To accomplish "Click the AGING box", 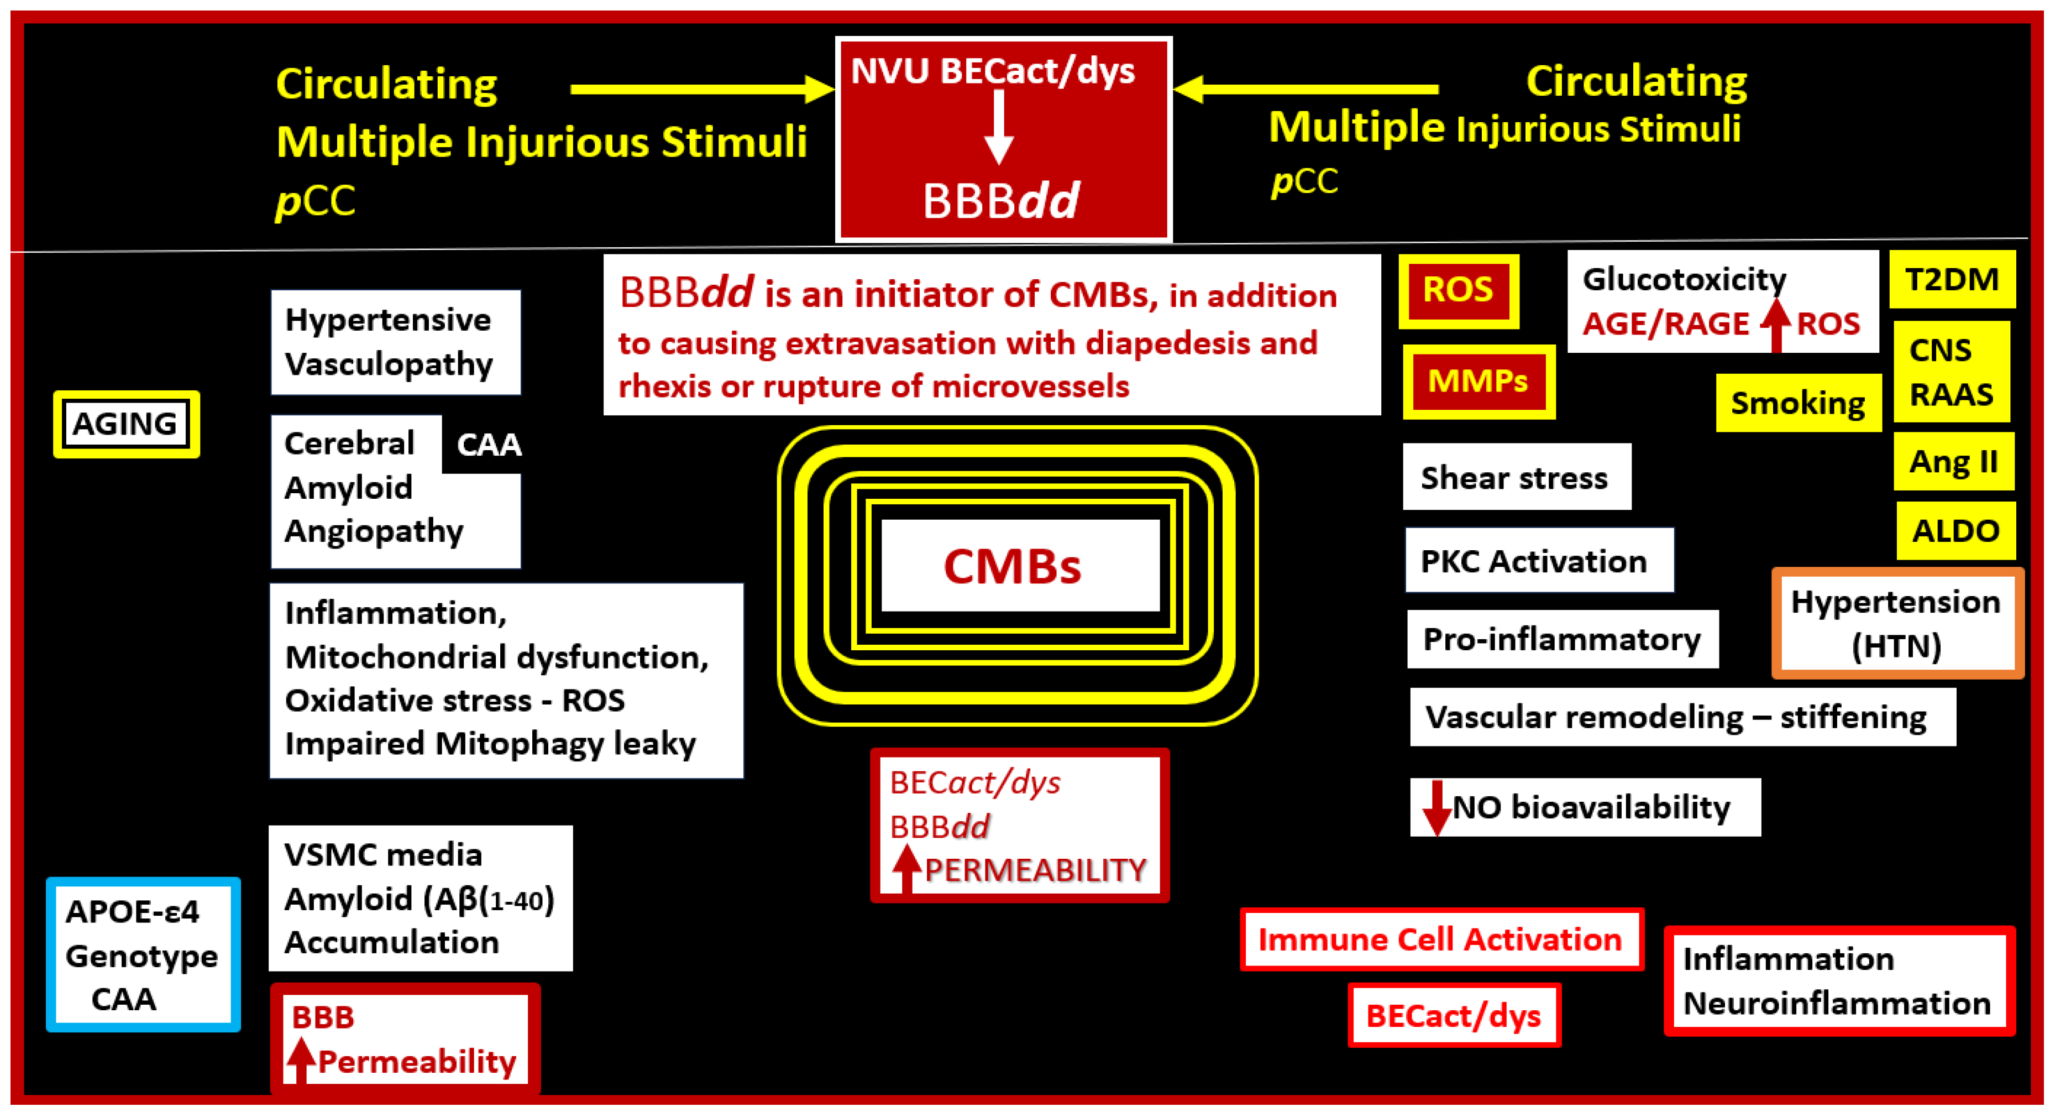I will point(125,424).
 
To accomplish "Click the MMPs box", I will point(1478,382).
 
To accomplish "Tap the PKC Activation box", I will point(1538,561).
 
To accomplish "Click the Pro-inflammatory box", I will point(1561,639).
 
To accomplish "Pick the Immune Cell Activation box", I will point(1440,940).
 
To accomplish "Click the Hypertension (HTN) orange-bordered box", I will point(1896,623).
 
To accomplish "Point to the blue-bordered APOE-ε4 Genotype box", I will point(143,954).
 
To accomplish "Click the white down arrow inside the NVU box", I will point(998,127).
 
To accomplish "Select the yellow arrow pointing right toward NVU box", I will point(700,89).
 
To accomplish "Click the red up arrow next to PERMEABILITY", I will point(906,869).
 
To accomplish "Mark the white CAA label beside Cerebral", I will point(489,444).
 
